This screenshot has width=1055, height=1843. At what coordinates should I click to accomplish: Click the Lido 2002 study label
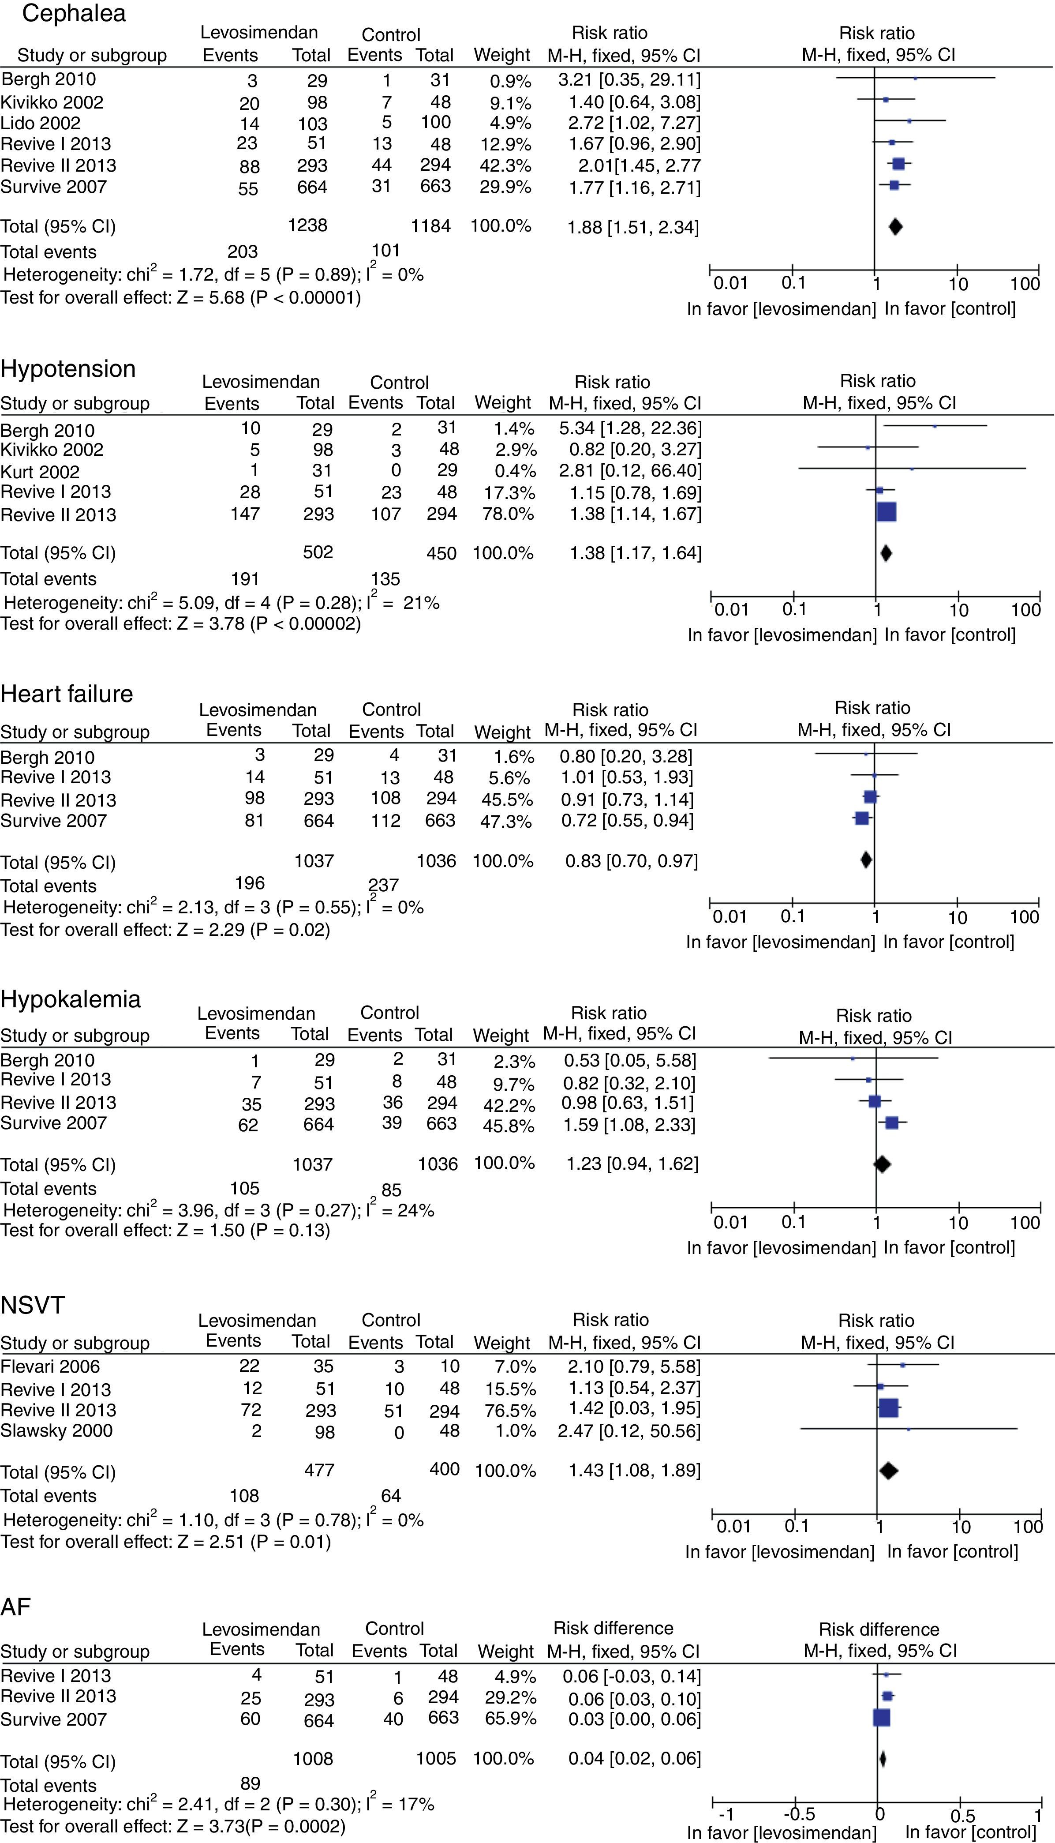click(x=41, y=123)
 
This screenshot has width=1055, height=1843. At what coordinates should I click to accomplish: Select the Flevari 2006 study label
click(x=50, y=1366)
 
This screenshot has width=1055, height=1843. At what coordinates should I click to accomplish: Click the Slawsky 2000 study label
click(x=56, y=1430)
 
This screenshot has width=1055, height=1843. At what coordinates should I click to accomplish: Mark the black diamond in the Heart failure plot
click(x=866, y=860)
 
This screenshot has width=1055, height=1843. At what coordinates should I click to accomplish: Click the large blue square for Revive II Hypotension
click(x=886, y=512)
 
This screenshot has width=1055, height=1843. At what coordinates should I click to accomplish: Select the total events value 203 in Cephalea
click(x=242, y=251)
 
